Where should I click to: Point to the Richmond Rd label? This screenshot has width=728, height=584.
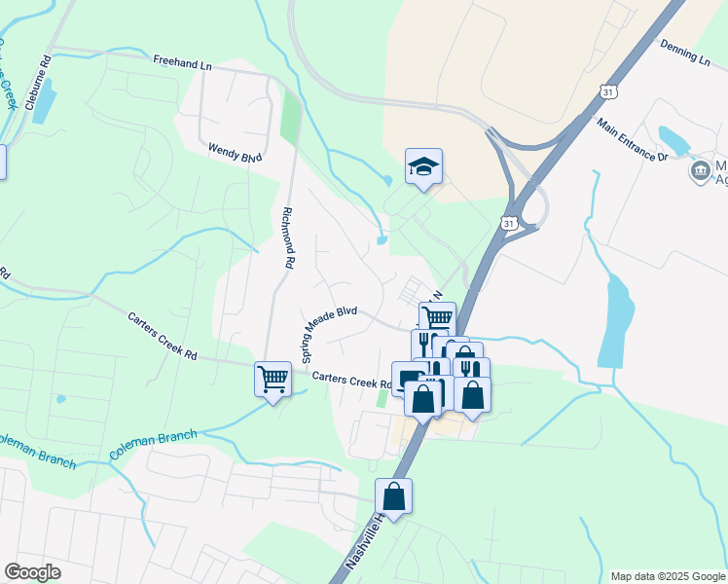(288, 237)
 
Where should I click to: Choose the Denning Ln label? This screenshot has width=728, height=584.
(685, 52)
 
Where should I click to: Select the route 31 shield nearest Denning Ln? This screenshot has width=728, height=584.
(607, 91)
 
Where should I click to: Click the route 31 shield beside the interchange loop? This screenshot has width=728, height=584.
(509, 224)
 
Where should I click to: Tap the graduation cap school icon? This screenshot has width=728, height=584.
(424, 167)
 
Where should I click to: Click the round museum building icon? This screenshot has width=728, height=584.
(700, 172)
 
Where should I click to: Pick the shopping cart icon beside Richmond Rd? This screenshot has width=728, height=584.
(273, 378)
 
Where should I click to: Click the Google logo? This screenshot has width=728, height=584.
(32, 572)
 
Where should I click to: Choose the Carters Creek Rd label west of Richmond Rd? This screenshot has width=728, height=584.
(163, 337)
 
